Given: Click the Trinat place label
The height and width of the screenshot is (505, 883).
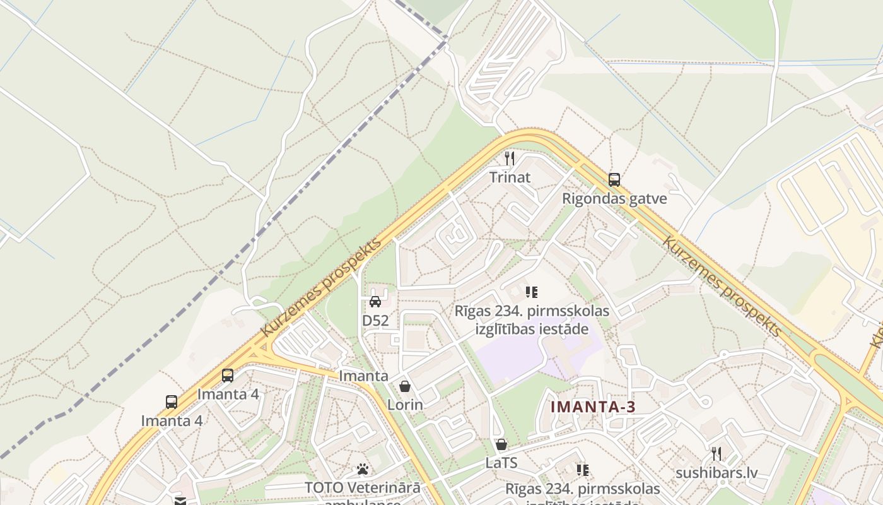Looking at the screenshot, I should pos(510,177).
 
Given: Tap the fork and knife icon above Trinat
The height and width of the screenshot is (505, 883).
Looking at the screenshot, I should pos(510,158).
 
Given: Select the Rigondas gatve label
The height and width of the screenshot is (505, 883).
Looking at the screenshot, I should pos(614,199).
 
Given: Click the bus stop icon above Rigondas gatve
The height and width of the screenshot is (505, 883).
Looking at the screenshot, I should pos(614,179).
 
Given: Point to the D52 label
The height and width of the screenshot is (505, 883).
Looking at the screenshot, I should pos(375,321).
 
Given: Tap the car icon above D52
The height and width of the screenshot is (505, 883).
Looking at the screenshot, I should pos(375,301).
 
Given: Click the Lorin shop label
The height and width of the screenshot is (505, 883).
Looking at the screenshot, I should pos(405,405).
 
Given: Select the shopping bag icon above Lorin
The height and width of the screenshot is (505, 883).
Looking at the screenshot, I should pos(405,386).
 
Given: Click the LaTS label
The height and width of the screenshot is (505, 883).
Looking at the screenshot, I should pos(501,463).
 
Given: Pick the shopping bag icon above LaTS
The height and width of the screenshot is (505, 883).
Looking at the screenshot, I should pos(501,444).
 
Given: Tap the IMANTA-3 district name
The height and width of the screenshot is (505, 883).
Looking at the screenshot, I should pos(593,407).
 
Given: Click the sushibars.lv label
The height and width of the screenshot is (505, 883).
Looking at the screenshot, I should pos(716,473).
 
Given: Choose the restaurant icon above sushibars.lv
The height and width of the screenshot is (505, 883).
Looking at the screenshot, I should pos(716,453).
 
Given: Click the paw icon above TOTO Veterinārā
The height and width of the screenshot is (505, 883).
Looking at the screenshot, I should pos(363,469).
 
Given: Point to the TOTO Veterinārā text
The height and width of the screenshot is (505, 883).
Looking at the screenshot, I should pos(363,488).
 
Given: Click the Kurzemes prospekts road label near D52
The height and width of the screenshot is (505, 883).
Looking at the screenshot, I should pos(322,287).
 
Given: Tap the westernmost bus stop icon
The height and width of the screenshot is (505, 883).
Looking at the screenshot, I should pos(172,401).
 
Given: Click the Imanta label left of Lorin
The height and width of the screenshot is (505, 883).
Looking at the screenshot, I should pos(364,376).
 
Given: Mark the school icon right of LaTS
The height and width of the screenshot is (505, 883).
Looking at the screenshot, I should pos(583,470).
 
